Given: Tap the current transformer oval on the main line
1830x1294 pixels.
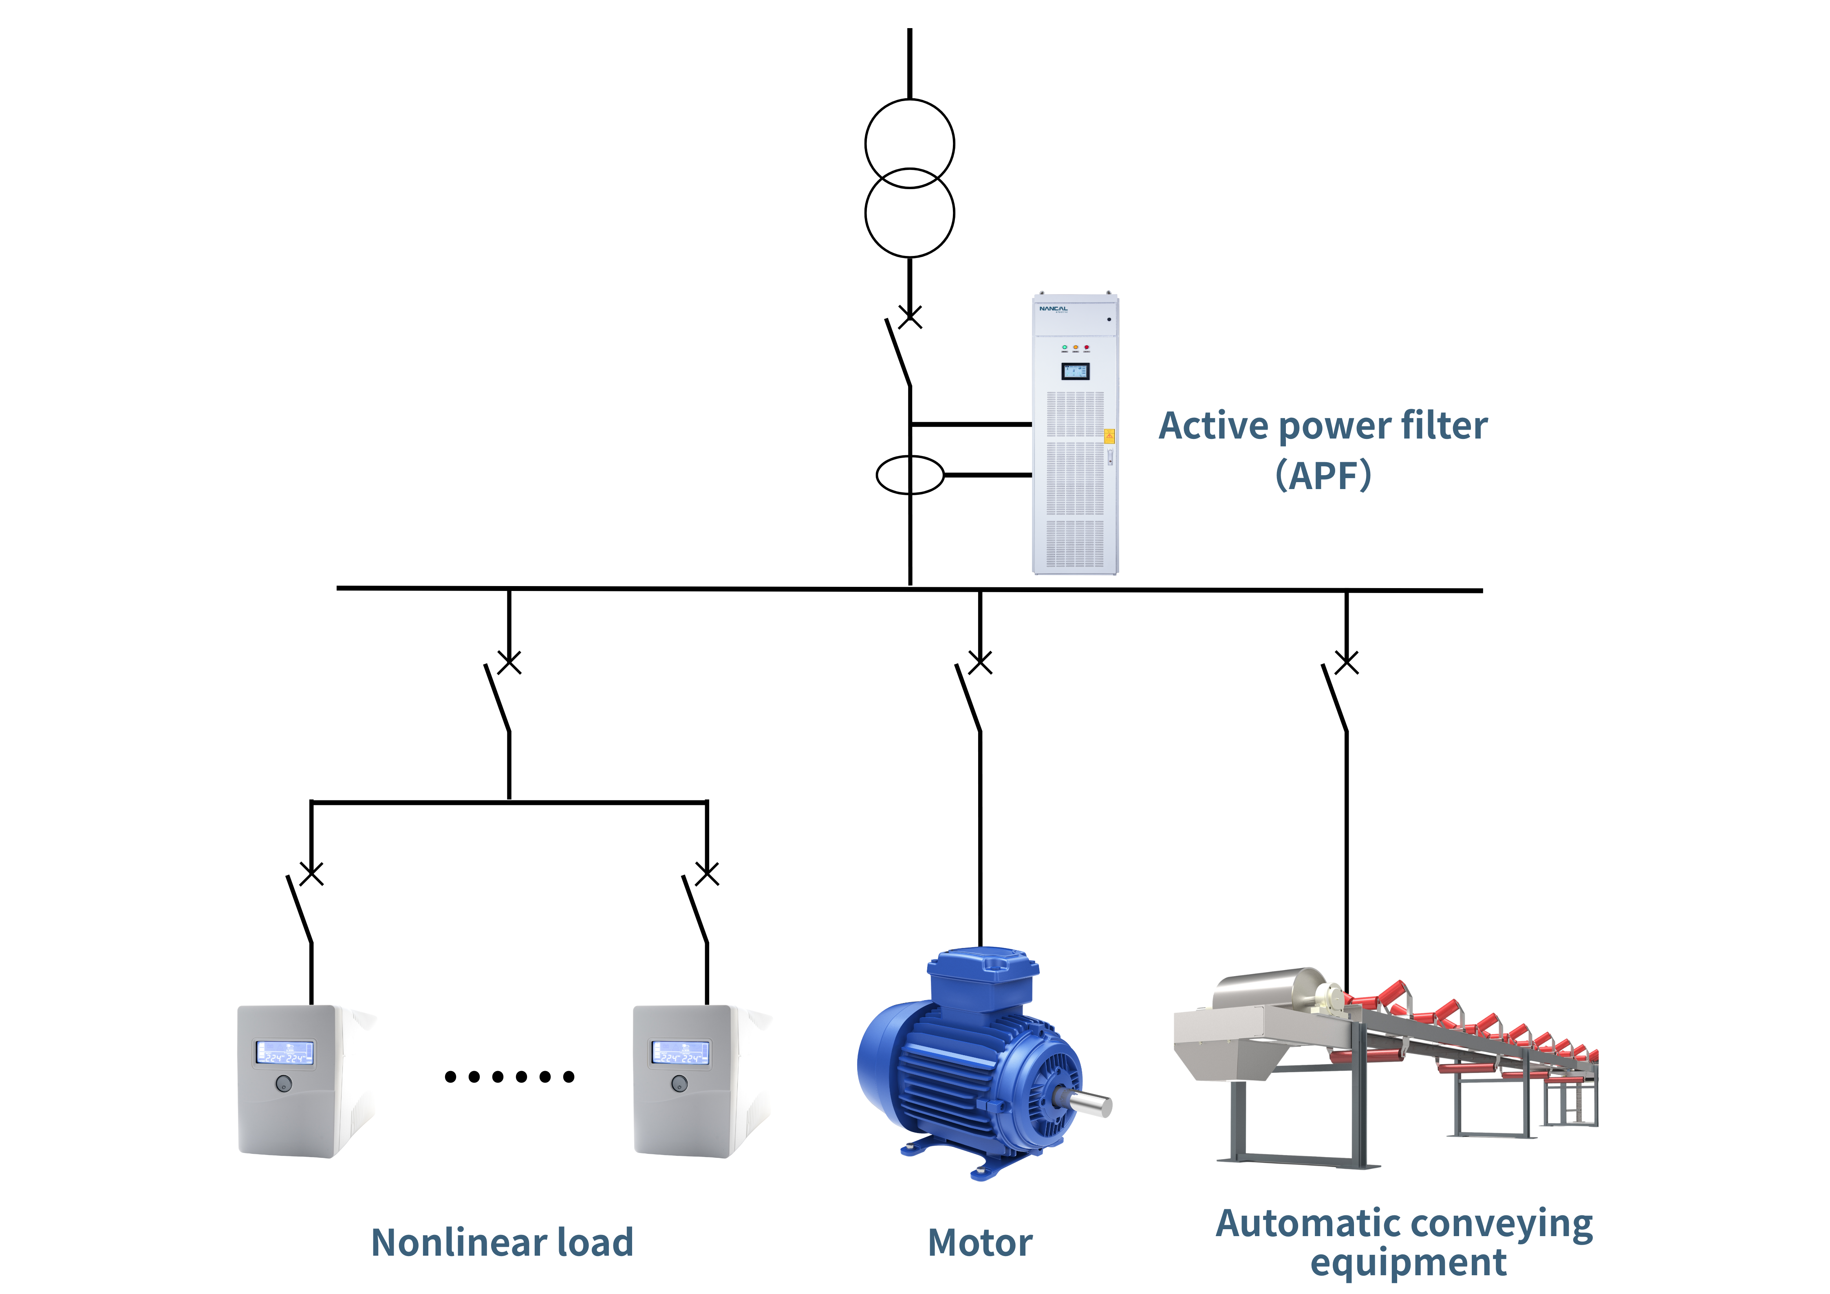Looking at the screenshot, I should click(909, 475).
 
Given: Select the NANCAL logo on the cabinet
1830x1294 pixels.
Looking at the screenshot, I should click(1053, 309).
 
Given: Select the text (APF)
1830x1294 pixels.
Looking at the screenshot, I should click(1323, 476).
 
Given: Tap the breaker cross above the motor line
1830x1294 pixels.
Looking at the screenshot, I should click(980, 662).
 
